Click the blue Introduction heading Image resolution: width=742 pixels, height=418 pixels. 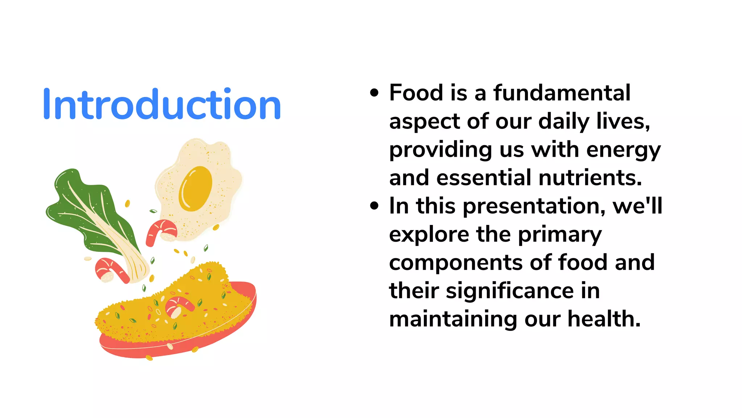162,104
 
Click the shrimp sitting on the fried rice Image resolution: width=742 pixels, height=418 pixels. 178,306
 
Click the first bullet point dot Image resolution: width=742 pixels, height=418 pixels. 374,93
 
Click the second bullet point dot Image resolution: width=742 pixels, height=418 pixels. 374,206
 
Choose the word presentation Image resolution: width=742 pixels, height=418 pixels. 534,206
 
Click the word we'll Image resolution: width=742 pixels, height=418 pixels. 637,206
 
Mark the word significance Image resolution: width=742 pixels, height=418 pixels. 510,291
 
